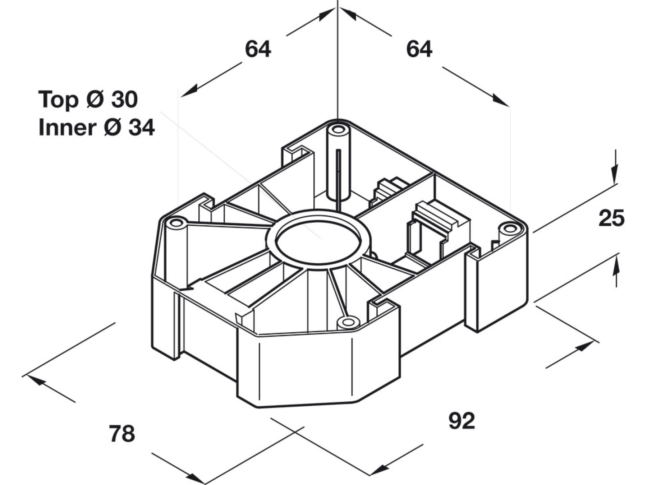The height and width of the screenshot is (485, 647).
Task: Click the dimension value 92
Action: click(462, 421)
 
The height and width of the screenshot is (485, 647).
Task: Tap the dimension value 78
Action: click(122, 434)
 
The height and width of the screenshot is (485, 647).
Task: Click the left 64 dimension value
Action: click(258, 49)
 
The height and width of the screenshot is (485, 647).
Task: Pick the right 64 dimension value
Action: click(419, 49)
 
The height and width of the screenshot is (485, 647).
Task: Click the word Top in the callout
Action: click(58, 100)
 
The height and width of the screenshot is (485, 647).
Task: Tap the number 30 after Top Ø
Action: click(124, 100)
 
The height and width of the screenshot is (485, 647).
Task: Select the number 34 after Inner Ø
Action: click(142, 127)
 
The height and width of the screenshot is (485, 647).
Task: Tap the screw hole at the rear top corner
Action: click(338, 129)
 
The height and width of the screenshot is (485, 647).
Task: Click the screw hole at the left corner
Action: click(176, 223)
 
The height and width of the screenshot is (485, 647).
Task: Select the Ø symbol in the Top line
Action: click(95, 100)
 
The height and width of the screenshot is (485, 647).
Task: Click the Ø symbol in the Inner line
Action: click(113, 127)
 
